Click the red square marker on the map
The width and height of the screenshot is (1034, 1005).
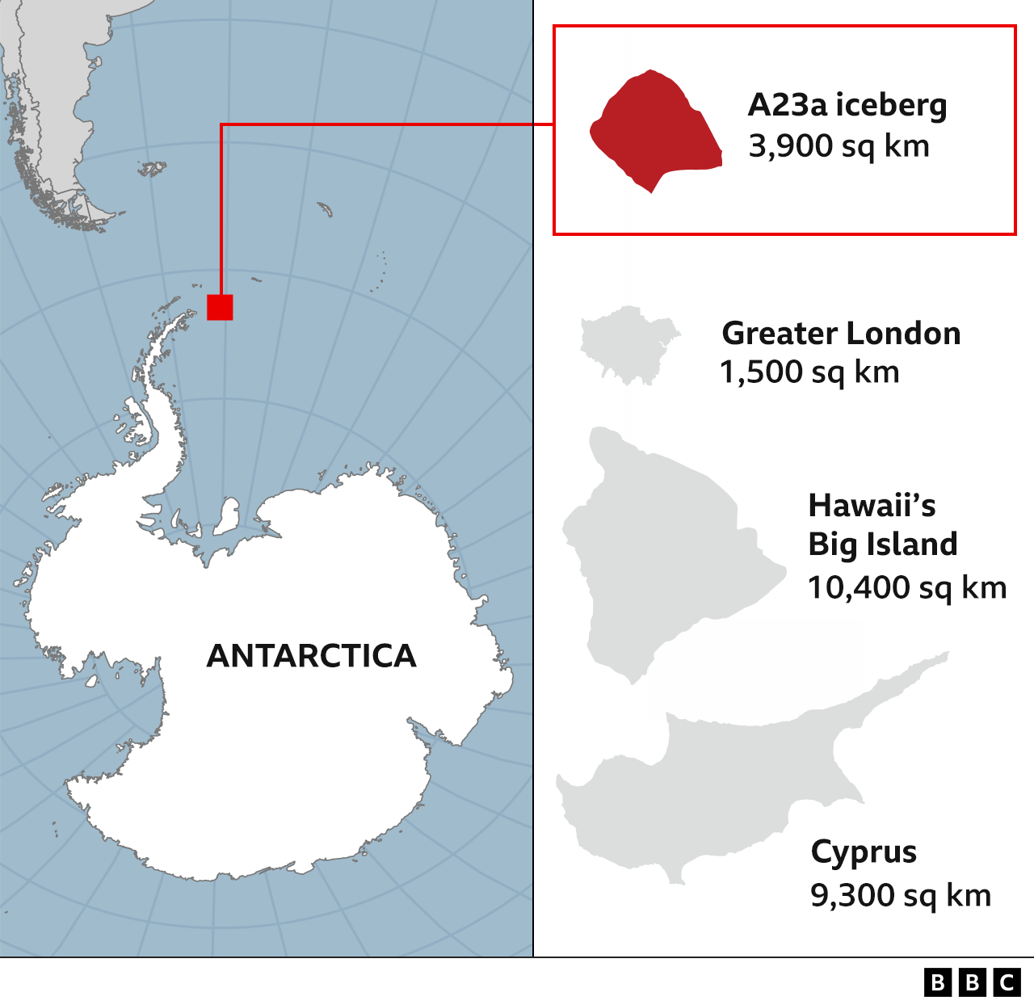click(220, 307)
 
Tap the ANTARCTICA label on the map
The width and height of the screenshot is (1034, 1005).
click(312, 656)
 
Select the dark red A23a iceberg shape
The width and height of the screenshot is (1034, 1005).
click(654, 129)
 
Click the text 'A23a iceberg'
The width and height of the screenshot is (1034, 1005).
click(847, 105)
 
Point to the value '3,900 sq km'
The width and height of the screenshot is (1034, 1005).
click(839, 146)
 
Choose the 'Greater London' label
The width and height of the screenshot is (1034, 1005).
click(841, 333)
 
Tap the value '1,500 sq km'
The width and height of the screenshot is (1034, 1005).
click(809, 372)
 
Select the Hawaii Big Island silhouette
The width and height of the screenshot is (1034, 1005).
click(662, 549)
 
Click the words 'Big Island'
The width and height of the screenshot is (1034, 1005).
click(882, 545)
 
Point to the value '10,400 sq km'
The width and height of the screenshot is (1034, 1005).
click(906, 587)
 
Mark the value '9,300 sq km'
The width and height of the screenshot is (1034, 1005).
click(900, 895)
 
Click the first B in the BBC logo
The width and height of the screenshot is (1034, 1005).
click(937, 982)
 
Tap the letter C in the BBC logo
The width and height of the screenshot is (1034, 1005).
click(1007, 982)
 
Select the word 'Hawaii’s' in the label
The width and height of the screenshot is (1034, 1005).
click(872, 506)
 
